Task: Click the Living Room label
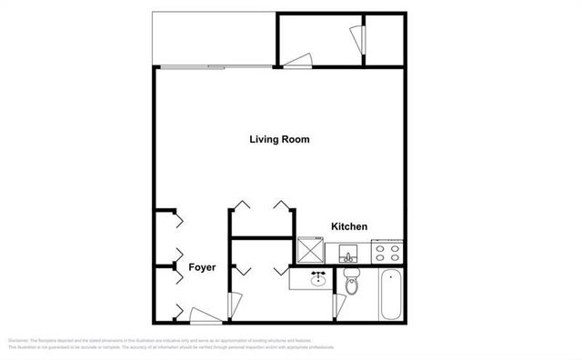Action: tap(280, 140)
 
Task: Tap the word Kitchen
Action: tap(348, 226)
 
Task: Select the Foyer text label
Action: tap(201, 268)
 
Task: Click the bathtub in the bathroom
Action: tap(390, 295)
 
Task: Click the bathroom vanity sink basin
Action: tap(317, 280)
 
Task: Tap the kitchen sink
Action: tap(346, 253)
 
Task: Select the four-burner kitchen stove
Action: tap(387, 251)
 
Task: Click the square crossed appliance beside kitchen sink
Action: tap(311, 248)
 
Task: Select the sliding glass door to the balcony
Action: tap(214, 67)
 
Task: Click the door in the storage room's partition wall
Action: tap(356, 39)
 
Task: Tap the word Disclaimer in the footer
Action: tap(17, 341)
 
